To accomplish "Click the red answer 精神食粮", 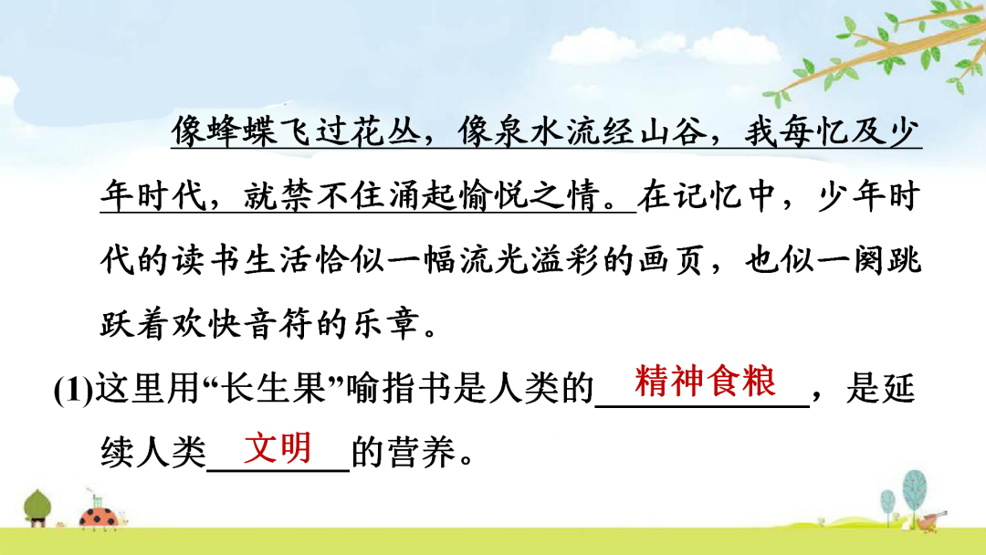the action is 705,382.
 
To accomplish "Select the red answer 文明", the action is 278,447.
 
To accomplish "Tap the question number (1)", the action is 74,390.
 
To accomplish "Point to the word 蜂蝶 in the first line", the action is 242,131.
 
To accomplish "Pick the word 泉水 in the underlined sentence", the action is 530,131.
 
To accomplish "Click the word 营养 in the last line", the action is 421,452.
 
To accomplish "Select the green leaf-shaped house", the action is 37,508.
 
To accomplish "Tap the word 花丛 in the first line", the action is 386,131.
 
